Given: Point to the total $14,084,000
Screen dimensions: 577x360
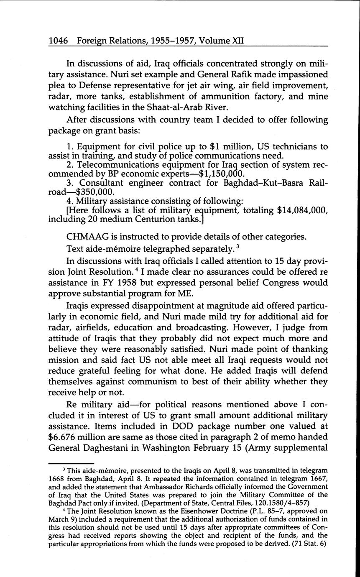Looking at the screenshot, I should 302,210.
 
